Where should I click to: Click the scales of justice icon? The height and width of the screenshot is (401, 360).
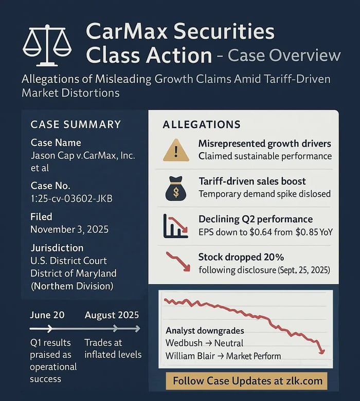48,45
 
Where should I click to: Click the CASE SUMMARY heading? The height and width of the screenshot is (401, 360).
76,124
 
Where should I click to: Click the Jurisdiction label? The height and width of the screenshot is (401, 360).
57,247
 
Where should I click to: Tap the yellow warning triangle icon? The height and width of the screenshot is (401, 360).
176,150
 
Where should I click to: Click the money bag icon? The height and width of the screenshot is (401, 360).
176,189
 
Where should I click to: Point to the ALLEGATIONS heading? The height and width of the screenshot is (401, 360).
201,124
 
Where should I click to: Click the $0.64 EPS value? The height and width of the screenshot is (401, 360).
265,232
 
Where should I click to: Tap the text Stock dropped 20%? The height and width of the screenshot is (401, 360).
241,257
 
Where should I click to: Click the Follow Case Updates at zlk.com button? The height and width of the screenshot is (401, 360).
247,381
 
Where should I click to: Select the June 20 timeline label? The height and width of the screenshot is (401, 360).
47,315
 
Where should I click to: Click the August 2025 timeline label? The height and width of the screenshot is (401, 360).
112,315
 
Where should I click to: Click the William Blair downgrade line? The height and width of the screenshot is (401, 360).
223,355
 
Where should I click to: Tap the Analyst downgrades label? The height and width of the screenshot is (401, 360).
204,331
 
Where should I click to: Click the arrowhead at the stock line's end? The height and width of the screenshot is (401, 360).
322,351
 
